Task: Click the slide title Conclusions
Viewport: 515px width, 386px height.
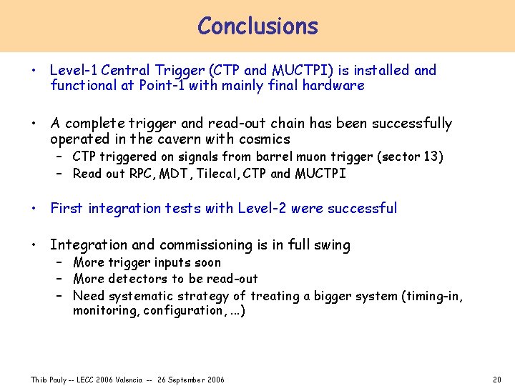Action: [257, 26]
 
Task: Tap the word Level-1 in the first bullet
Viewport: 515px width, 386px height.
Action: [74, 70]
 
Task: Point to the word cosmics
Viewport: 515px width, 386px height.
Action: [265, 139]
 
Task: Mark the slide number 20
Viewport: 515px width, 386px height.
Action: [497, 379]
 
